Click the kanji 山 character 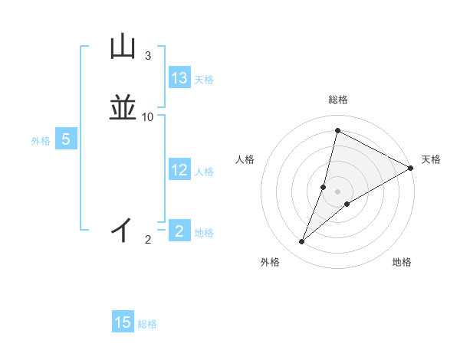click(123, 47)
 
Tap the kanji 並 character click(123, 108)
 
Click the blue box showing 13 click(179, 78)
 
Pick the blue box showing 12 click(179, 170)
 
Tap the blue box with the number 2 click(179, 231)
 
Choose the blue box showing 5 click(66, 139)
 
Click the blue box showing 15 click(123, 322)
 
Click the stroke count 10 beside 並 click(147, 117)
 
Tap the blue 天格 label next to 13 click(204, 80)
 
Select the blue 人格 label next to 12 click(204, 172)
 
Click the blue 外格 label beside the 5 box click(40, 141)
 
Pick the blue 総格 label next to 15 click(147, 324)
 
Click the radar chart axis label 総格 click(338, 100)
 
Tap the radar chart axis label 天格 click(431, 159)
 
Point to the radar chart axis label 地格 click(402, 262)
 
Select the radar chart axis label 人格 click(245, 159)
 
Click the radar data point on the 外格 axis click(302, 242)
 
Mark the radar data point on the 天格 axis click(411, 168)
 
